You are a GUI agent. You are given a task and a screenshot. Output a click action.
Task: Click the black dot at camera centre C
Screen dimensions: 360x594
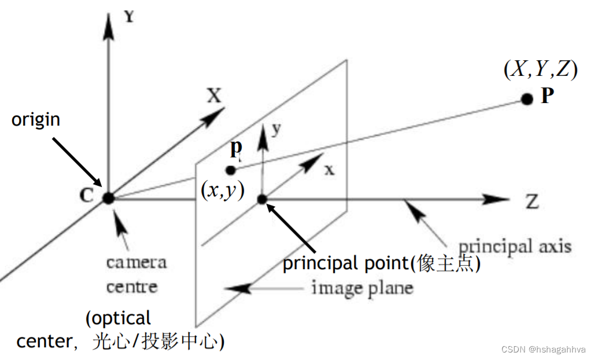coord(108,198)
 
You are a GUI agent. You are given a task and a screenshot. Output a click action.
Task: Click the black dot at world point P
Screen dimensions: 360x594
coord(526,98)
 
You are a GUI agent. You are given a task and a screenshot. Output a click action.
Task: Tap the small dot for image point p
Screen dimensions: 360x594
coord(231,170)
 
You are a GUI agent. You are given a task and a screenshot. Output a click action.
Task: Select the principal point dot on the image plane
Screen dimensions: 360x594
coord(261,199)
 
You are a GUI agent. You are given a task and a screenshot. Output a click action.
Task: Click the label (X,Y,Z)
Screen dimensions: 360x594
coord(540,69)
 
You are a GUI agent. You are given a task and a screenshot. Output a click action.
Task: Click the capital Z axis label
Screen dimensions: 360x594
coord(532,201)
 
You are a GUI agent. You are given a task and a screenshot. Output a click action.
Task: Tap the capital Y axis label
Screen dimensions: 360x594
coord(129,16)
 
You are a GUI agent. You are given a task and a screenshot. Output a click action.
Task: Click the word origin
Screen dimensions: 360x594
coord(36,120)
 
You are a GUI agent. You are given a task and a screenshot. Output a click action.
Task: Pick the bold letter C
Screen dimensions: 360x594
coord(86,196)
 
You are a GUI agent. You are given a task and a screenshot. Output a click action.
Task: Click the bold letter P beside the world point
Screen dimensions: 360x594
coord(548,96)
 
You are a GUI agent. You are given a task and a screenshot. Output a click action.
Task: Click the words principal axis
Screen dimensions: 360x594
coord(515,247)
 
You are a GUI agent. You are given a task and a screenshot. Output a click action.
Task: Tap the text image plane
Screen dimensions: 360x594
coord(362,288)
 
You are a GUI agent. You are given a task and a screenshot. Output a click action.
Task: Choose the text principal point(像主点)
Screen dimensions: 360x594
coord(382,263)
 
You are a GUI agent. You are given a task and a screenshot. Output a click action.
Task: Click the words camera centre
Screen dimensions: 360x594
coord(136,274)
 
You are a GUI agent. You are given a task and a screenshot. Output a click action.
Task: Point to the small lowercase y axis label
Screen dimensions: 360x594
coord(276,128)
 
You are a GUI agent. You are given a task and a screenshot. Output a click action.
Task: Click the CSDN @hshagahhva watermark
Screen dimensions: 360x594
coord(544,350)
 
